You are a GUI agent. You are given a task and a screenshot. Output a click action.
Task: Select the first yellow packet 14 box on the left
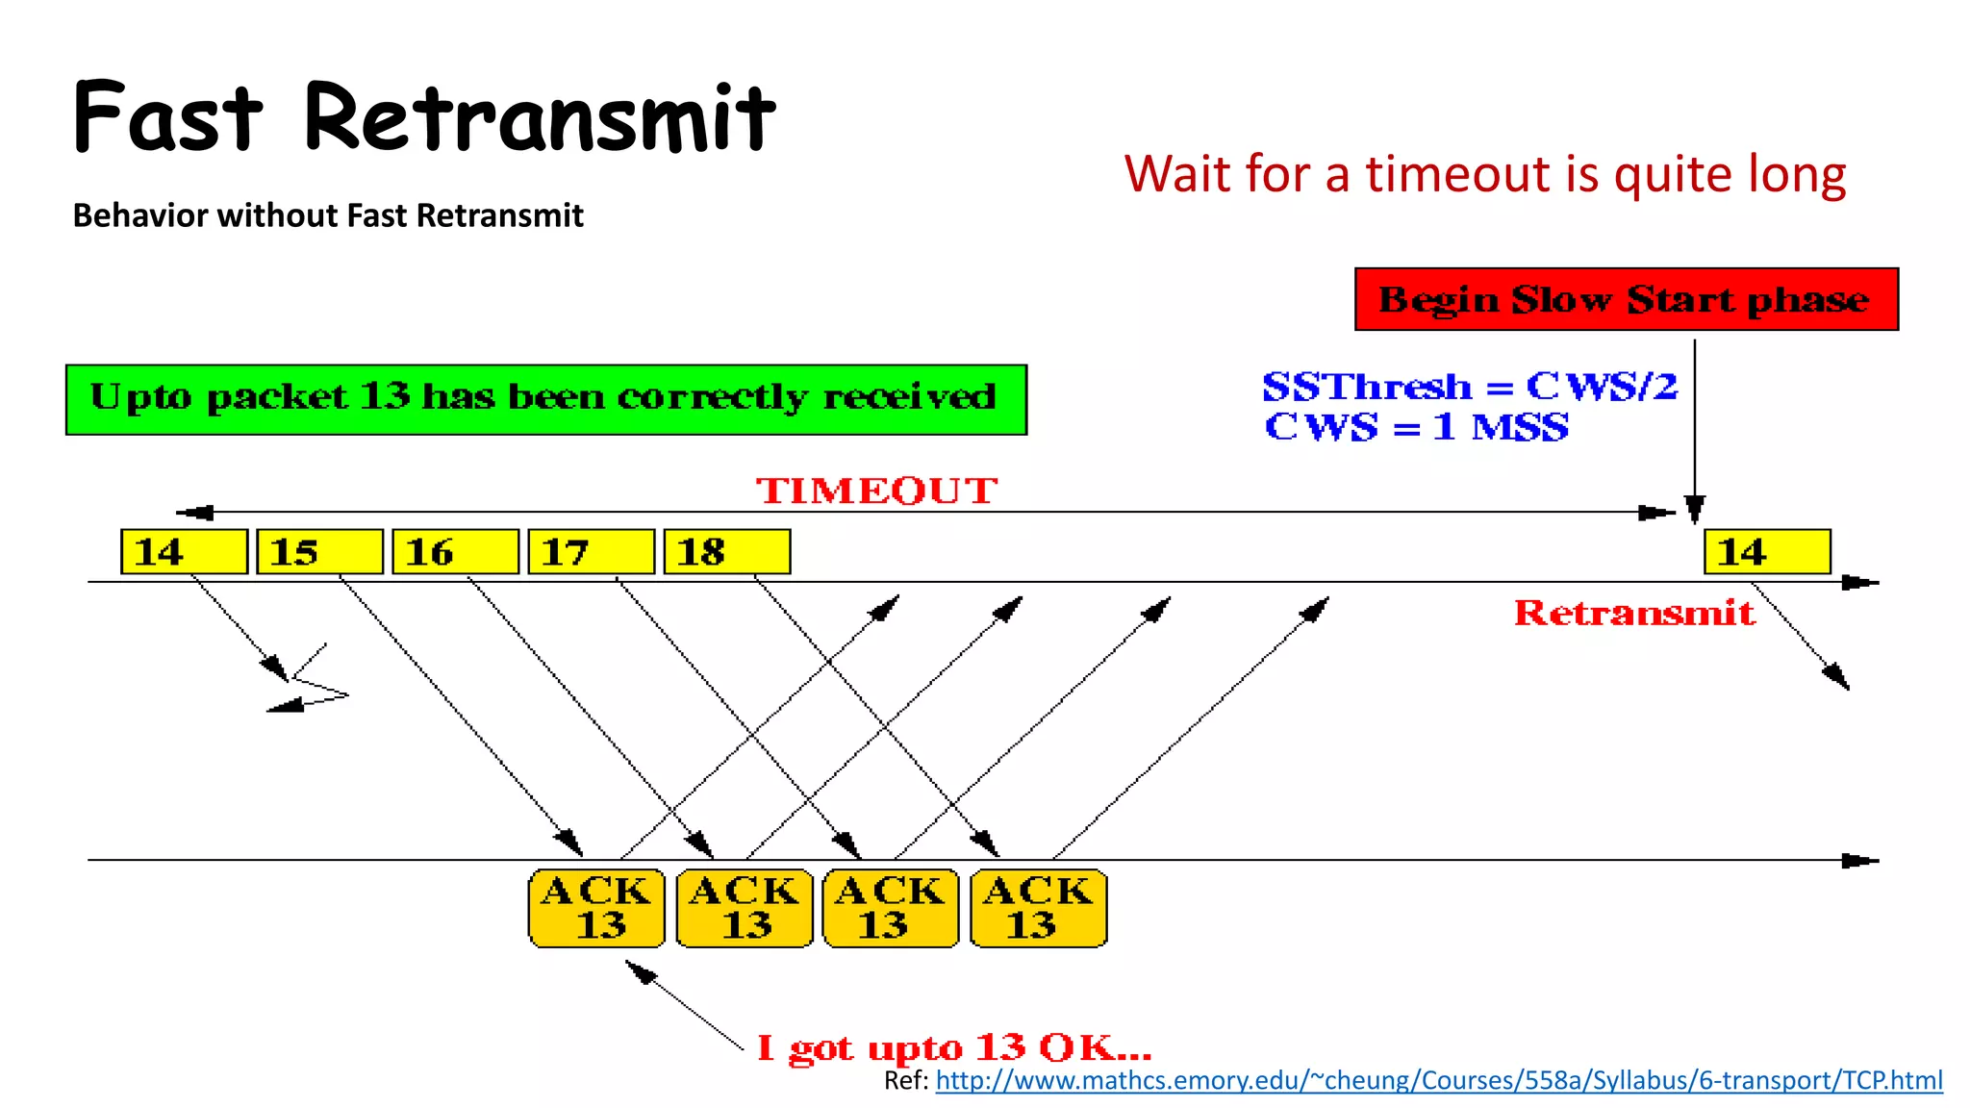(184, 552)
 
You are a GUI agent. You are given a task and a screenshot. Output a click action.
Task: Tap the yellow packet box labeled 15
(319, 552)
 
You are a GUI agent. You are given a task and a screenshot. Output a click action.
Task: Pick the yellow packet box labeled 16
(455, 552)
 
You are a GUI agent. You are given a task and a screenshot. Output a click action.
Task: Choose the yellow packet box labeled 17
(591, 552)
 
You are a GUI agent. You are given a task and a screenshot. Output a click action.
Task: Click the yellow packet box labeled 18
(726, 552)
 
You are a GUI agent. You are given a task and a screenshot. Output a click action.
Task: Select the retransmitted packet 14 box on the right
(1767, 552)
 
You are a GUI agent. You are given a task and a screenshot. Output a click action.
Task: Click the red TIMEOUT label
(876, 491)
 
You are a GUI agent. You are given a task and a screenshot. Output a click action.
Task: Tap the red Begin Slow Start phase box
(1626, 300)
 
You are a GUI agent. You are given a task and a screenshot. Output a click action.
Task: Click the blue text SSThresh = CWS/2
(1469, 387)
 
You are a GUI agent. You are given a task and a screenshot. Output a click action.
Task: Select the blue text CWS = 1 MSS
(1416, 427)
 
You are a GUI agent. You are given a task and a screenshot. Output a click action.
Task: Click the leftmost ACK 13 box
(596, 908)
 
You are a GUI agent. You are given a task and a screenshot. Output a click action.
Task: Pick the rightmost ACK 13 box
(1038, 908)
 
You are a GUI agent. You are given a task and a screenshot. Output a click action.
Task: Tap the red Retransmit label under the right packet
(1633, 614)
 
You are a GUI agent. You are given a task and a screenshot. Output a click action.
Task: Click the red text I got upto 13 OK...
(953, 1047)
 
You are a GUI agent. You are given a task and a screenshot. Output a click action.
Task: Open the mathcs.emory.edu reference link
(1438, 1081)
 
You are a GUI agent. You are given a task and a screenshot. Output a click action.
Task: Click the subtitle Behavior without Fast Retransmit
(328, 215)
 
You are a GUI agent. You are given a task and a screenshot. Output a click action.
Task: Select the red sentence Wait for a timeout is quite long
(1484, 175)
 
